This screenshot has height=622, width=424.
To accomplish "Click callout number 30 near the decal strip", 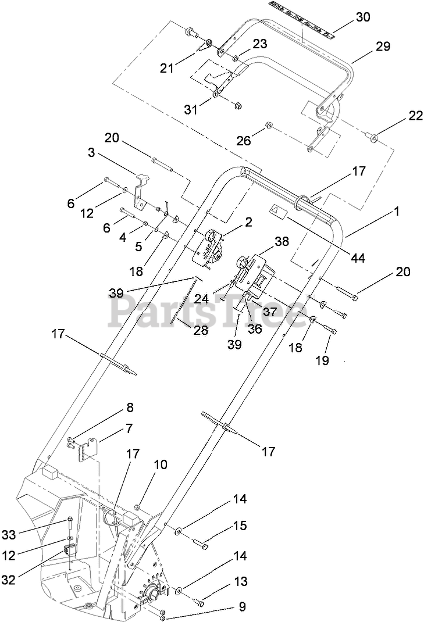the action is pos(362,17).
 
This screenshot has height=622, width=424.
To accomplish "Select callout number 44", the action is pos(358,258).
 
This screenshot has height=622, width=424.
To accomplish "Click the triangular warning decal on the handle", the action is pos(278,210).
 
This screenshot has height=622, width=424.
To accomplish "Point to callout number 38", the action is pos(282,241).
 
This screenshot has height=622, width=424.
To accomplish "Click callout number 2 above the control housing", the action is pos(248,221).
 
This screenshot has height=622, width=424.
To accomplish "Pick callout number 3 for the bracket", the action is pos(92,152).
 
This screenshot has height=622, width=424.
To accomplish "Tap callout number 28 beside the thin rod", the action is pos(201,330).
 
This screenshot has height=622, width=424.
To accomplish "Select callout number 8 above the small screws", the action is pos(130,407).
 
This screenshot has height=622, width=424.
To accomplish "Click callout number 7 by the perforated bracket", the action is pos(129,428).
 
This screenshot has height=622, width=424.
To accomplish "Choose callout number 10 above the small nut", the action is pos(161,464).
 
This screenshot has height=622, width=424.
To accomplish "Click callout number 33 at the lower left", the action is pos(9,535).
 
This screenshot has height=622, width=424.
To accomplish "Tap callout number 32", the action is pos(9,580).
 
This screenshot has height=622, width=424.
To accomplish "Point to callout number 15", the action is pos(240,526).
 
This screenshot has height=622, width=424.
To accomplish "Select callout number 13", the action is pos(240,581).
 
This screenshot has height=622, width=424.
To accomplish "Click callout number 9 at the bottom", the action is pos(243,606).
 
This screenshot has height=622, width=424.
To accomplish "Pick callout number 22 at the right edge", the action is pos(415,116).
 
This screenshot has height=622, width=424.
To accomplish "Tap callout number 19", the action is pos(322,360).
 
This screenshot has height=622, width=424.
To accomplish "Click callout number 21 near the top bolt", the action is pos(167,68).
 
